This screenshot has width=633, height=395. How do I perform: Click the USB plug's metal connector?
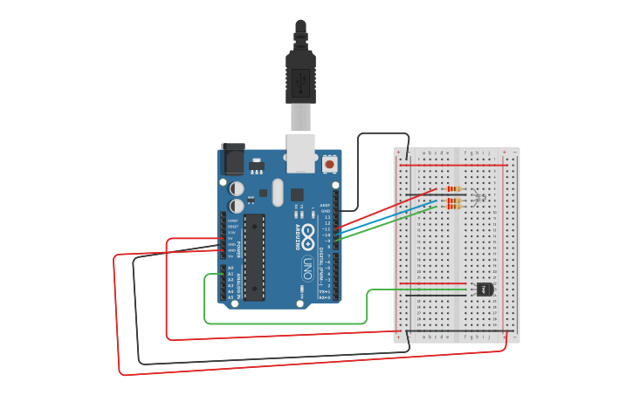coord(300,116)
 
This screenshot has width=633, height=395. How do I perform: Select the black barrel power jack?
coord(233,160)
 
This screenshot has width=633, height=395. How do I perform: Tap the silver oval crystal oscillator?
coord(278,192)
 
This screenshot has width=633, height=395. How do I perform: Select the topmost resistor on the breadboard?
coord(452,188)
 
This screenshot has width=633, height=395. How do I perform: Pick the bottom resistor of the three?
coord(452,208)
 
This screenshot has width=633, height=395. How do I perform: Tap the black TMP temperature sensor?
coord(485,289)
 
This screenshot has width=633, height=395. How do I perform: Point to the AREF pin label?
coord(326,205)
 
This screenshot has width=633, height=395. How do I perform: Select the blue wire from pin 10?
coord(384,216)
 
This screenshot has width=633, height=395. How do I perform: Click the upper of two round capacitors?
coord(237,187)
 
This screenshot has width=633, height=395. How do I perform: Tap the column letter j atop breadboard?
coord(488,153)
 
